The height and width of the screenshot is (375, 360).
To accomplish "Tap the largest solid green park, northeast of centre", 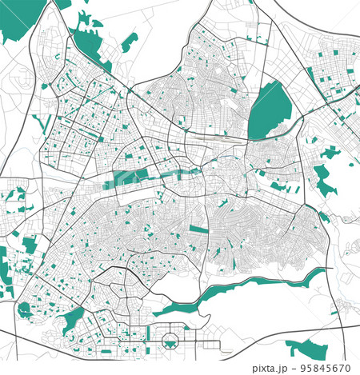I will point(270,111).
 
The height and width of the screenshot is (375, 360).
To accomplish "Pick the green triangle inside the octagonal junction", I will point(170,343).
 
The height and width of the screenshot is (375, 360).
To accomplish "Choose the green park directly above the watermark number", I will point(306,348).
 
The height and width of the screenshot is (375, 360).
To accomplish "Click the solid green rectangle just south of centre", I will point(198,230).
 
